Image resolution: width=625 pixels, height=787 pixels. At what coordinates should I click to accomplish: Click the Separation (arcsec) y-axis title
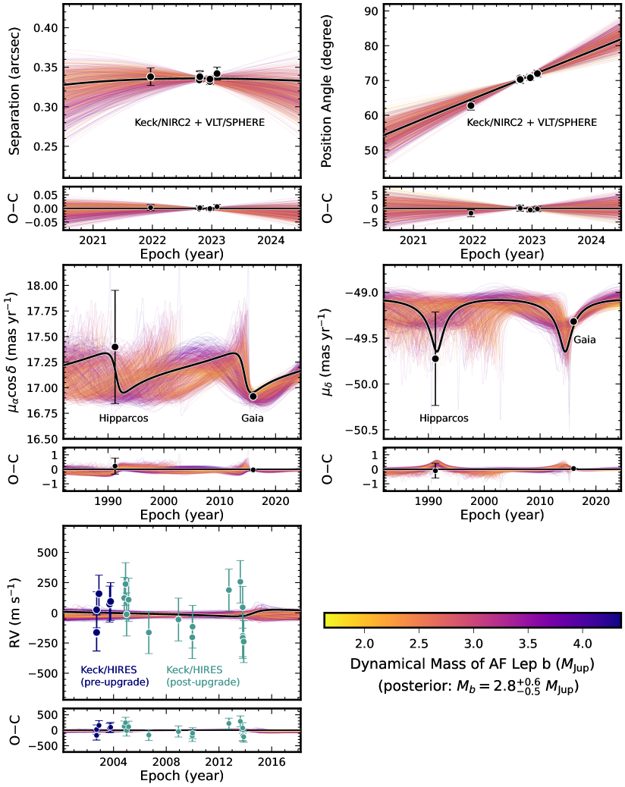(15, 89)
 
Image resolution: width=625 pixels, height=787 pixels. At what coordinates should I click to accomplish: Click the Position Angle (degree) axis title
(328, 89)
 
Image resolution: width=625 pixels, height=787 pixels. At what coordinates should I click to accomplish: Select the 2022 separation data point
(151, 77)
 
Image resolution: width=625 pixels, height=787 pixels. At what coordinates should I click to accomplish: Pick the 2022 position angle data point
(471, 105)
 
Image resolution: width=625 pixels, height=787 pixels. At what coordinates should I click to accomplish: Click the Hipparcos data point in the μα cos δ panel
(115, 346)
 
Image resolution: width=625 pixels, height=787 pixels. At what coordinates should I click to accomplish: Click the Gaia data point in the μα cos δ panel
(253, 397)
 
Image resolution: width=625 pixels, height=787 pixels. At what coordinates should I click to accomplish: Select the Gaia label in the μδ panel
(583, 340)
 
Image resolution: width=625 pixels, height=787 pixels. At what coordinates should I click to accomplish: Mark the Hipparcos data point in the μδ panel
(435, 359)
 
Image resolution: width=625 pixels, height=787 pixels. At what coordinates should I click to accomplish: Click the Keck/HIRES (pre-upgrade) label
(115, 676)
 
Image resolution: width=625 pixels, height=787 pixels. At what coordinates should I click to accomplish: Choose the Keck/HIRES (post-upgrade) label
(203, 676)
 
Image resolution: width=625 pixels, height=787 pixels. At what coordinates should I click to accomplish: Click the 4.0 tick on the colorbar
(582, 643)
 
